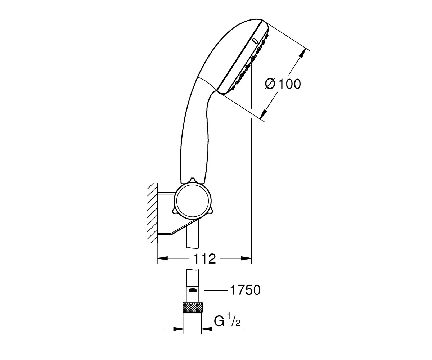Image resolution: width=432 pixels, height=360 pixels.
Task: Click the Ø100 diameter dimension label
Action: coord(283,84)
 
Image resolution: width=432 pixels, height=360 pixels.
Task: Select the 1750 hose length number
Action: coord(245,290)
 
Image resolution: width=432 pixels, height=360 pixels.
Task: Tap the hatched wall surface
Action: coord(153,213)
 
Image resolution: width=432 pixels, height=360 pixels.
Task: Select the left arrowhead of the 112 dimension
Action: coord(162,258)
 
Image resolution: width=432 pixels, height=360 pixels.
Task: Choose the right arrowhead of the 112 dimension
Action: coord(246,258)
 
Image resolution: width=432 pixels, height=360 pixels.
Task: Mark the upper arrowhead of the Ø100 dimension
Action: coord(303,53)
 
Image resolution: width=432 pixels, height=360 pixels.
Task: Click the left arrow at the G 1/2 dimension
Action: coord(179,334)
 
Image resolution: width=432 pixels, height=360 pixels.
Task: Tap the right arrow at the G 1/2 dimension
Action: coord(207,334)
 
